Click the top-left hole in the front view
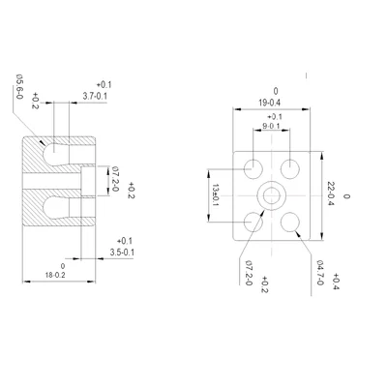pos(254,166)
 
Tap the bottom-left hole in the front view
pos(254,222)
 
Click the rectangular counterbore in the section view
pos(89,179)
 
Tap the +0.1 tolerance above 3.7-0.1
pos(104,85)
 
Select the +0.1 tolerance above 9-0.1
pos(275,116)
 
